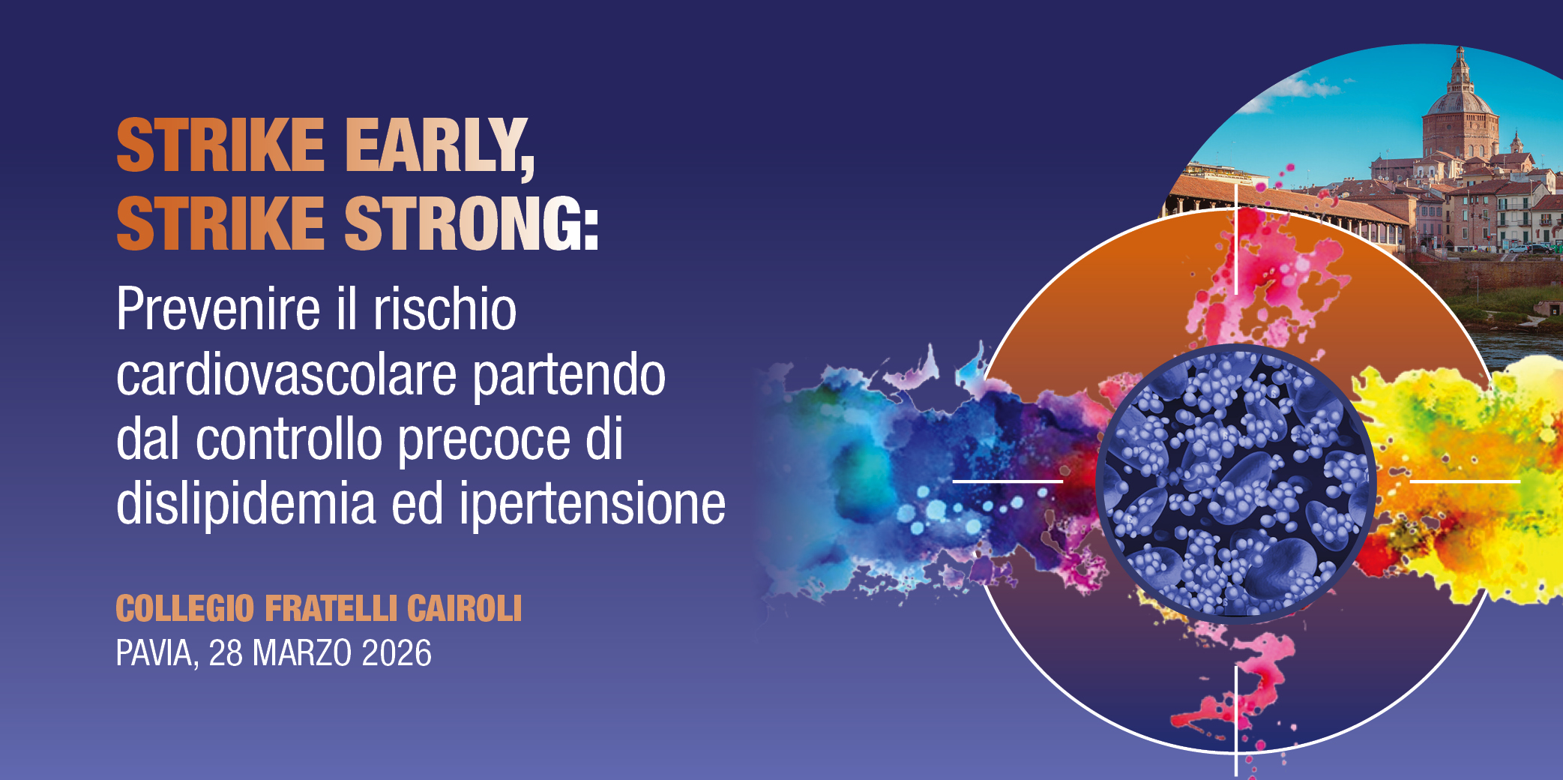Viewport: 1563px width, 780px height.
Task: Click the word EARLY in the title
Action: pos(439,146)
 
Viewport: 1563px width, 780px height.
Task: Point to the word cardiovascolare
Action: pos(286,374)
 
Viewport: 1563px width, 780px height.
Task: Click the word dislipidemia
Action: pos(246,503)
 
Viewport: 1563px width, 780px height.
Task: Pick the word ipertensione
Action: pos(592,505)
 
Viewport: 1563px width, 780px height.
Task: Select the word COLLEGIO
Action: pos(185,608)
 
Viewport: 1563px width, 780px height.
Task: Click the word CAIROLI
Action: pos(464,608)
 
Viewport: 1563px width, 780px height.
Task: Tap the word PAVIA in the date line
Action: pos(156,653)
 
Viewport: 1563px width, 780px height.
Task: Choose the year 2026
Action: pos(397,653)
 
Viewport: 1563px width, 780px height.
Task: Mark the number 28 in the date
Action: pos(226,653)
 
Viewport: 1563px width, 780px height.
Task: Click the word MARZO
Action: pos(302,653)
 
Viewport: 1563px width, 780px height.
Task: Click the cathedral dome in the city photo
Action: pos(1460,112)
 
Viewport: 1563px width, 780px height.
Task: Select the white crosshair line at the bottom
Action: pos(1235,720)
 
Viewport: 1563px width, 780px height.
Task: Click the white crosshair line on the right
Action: pos(1465,481)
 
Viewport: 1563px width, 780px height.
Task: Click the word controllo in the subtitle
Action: pos(289,439)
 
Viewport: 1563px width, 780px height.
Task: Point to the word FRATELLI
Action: pos(330,608)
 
